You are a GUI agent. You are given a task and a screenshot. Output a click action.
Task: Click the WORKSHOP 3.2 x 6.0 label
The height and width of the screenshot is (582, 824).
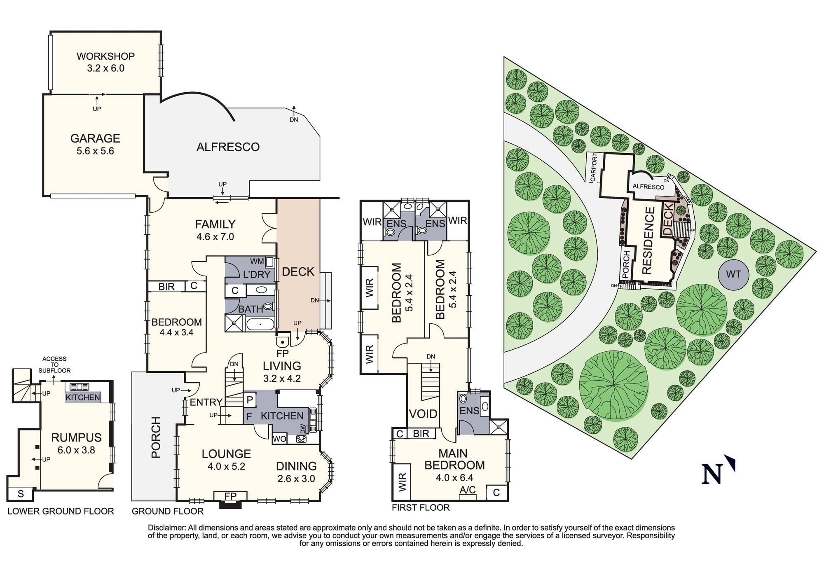(x=105, y=62)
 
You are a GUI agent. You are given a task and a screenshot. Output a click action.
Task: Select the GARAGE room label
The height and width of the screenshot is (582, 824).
(x=95, y=138)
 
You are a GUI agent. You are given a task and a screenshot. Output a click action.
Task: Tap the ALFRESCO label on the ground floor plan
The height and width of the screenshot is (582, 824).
(x=228, y=147)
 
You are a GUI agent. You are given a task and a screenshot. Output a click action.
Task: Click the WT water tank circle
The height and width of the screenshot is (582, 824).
(x=733, y=274)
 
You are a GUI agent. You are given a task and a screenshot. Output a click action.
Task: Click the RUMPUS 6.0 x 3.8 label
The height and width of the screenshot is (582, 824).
(x=76, y=443)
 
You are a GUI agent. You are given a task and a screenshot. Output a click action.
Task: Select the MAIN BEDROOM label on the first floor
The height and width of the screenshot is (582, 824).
(x=454, y=459)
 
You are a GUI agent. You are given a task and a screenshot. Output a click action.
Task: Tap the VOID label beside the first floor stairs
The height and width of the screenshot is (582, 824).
(x=424, y=414)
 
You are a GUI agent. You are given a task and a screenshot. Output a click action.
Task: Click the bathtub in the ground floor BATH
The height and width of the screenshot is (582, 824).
(x=260, y=325)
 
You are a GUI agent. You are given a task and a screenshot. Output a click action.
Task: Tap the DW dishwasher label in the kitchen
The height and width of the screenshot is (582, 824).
(x=303, y=429)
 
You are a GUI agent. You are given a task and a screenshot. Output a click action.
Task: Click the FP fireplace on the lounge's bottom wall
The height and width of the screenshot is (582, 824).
(x=230, y=496)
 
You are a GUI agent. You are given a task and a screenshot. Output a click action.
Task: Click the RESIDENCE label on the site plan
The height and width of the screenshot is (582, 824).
(x=647, y=241)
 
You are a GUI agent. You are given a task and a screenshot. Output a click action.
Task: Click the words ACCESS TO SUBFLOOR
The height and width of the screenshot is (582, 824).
(x=54, y=365)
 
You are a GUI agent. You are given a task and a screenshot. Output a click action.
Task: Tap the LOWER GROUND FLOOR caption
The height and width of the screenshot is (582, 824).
(x=61, y=511)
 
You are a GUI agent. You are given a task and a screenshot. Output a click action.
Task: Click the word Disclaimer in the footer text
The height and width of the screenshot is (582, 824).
(x=166, y=528)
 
